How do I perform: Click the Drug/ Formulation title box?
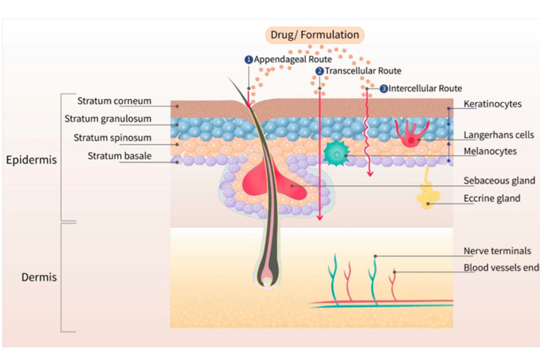(x=315, y=34)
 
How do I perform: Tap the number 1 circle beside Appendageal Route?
(x=249, y=59)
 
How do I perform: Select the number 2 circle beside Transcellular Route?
(x=319, y=71)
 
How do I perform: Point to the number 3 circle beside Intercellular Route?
(x=384, y=88)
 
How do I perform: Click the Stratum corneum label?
(x=114, y=101)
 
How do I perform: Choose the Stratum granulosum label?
(x=108, y=118)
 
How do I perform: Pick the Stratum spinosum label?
(x=112, y=138)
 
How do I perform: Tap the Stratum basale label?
(x=119, y=156)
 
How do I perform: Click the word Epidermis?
(x=31, y=160)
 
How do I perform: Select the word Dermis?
(x=39, y=277)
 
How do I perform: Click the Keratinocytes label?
(x=493, y=104)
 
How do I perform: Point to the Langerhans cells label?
(x=499, y=135)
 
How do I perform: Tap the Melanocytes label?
(x=490, y=151)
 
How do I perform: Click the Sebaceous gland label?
(x=499, y=181)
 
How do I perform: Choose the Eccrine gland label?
(x=492, y=199)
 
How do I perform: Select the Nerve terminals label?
(x=497, y=250)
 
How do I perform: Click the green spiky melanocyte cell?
(x=337, y=154)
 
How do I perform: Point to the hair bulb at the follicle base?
(x=267, y=274)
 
